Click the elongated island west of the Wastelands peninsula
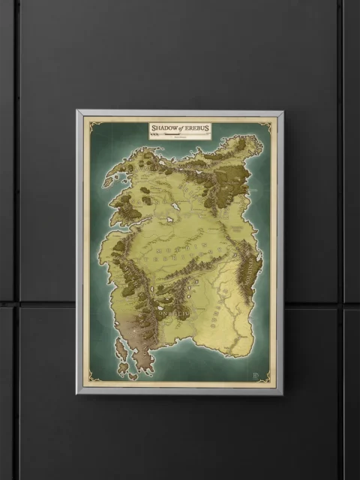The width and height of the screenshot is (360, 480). coord(120,348)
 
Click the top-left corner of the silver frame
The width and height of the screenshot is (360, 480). coord(78,112)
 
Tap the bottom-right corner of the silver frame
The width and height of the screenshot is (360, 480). coord(282,393)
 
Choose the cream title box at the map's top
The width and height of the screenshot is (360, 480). coord(179,131)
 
